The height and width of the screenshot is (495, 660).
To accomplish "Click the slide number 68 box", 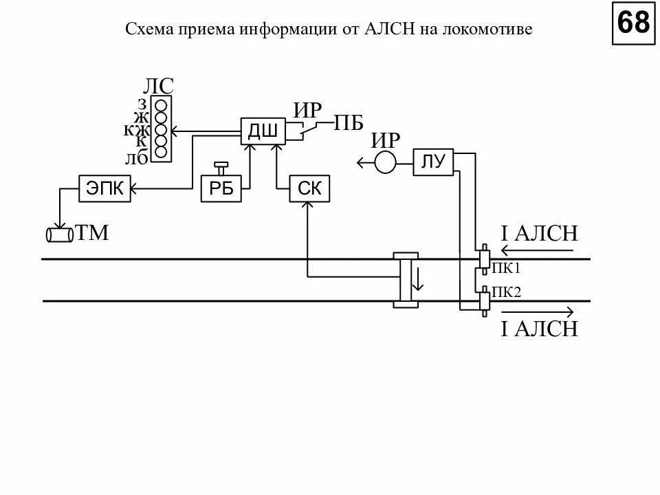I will pyautogui.click(x=632, y=23).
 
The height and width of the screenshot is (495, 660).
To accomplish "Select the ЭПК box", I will pyautogui.click(x=105, y=188).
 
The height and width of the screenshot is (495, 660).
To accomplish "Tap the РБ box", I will pyautogui.click(x=221, y=188).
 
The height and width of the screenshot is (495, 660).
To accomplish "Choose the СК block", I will pyautogui.click(x=309, y=188).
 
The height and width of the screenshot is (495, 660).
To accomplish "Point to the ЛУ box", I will pyautogui.click(x=433, y=162).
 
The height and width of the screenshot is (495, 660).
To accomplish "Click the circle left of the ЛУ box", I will pyautogui.click(x=385, y=163).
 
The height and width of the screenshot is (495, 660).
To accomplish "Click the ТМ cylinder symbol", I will pyautogui.click(x=60, y=235).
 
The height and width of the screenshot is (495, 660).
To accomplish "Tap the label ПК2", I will pyautogui.click(x=507, y=293).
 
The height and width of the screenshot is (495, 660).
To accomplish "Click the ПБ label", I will pyautogui.click(x=349, y=124).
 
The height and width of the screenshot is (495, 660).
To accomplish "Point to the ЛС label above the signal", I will pyautogui.click(x=158, y=86).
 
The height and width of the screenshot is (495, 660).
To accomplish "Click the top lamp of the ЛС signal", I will pyautogui.click(x=162, y=105).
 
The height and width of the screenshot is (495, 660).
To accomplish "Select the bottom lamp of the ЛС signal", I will pyautogui.click(x=162, y=153).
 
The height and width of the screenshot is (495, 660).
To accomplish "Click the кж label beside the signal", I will pyautogui.click(x=136, y=129).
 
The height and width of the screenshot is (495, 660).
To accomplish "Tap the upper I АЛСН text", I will pyautogui.click(x=539, y=234).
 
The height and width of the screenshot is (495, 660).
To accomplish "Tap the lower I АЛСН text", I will pyautogui.click(x=539, y=329).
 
